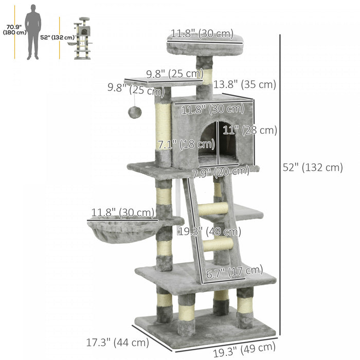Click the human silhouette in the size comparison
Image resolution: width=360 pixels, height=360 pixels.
coord(33,32)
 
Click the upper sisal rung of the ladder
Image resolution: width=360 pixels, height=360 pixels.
coord(212,209)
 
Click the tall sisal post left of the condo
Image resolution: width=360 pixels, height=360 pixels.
coord(163,127)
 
